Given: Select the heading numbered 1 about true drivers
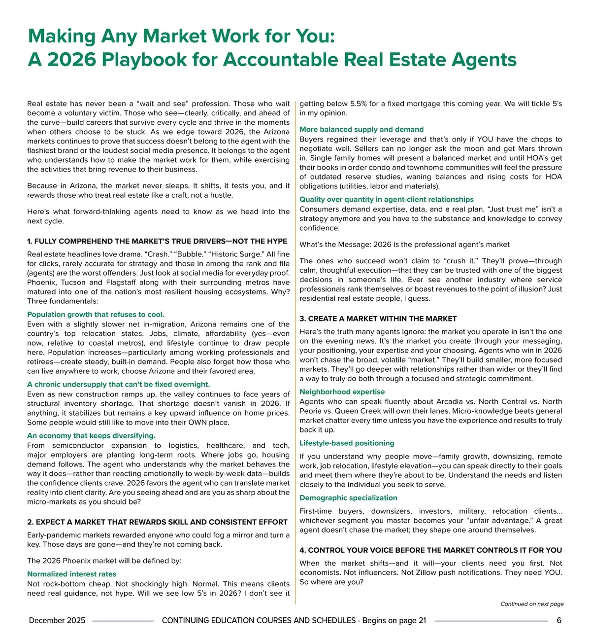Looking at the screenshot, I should tap(157, 241).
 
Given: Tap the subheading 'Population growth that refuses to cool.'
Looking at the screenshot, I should tap(96, 315).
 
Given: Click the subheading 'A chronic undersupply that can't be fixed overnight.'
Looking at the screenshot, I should tap(118, 385).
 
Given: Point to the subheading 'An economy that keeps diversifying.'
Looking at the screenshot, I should tap(91, 436).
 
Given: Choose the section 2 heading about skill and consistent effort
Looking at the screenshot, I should tap(157, 522).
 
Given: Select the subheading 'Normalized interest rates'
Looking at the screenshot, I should tap(71, 574).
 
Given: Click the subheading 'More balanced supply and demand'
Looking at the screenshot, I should tap(361, 130).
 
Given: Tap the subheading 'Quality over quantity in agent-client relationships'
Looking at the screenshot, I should tap(387, 200).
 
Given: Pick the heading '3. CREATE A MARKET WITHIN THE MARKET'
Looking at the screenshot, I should tap(378, 319).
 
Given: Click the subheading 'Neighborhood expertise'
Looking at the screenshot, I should tap(342, 392).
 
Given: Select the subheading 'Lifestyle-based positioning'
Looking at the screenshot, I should tap(347, 443).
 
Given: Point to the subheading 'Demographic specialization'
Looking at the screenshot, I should tap(348, 498).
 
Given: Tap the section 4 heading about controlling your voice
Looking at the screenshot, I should tap(430, 550).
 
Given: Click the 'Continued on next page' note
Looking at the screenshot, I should tap(532, 604).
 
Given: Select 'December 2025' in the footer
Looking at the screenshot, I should tap(57, 621).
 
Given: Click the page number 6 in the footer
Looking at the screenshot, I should tap(559, 621).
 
